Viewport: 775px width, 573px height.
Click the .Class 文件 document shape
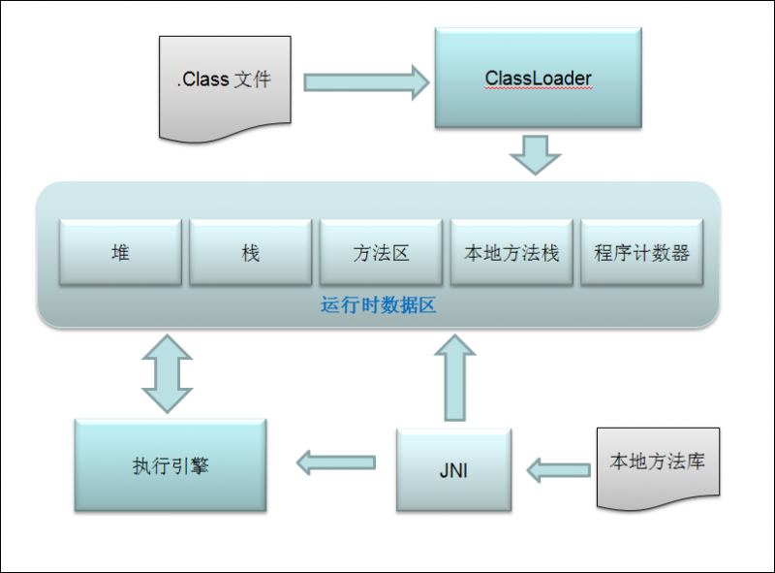coord(224,82)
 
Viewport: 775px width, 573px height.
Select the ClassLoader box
coord(538,78)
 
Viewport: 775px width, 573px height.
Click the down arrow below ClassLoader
coord(535,154)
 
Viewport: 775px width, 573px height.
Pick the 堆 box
coord(120,252)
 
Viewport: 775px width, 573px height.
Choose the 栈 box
coord(250,252)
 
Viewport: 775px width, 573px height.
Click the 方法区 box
coord(381,252)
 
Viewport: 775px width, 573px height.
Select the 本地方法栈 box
coord(511,252)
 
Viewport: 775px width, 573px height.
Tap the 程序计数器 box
coord(640,252)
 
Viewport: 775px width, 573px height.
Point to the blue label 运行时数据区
coord(379,304)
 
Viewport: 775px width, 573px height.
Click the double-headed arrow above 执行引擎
coord(167,374)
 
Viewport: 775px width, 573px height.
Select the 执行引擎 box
coord(170,465)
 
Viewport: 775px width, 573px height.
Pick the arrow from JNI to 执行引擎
coord(335,463)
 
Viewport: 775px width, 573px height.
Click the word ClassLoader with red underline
coord(538,78)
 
